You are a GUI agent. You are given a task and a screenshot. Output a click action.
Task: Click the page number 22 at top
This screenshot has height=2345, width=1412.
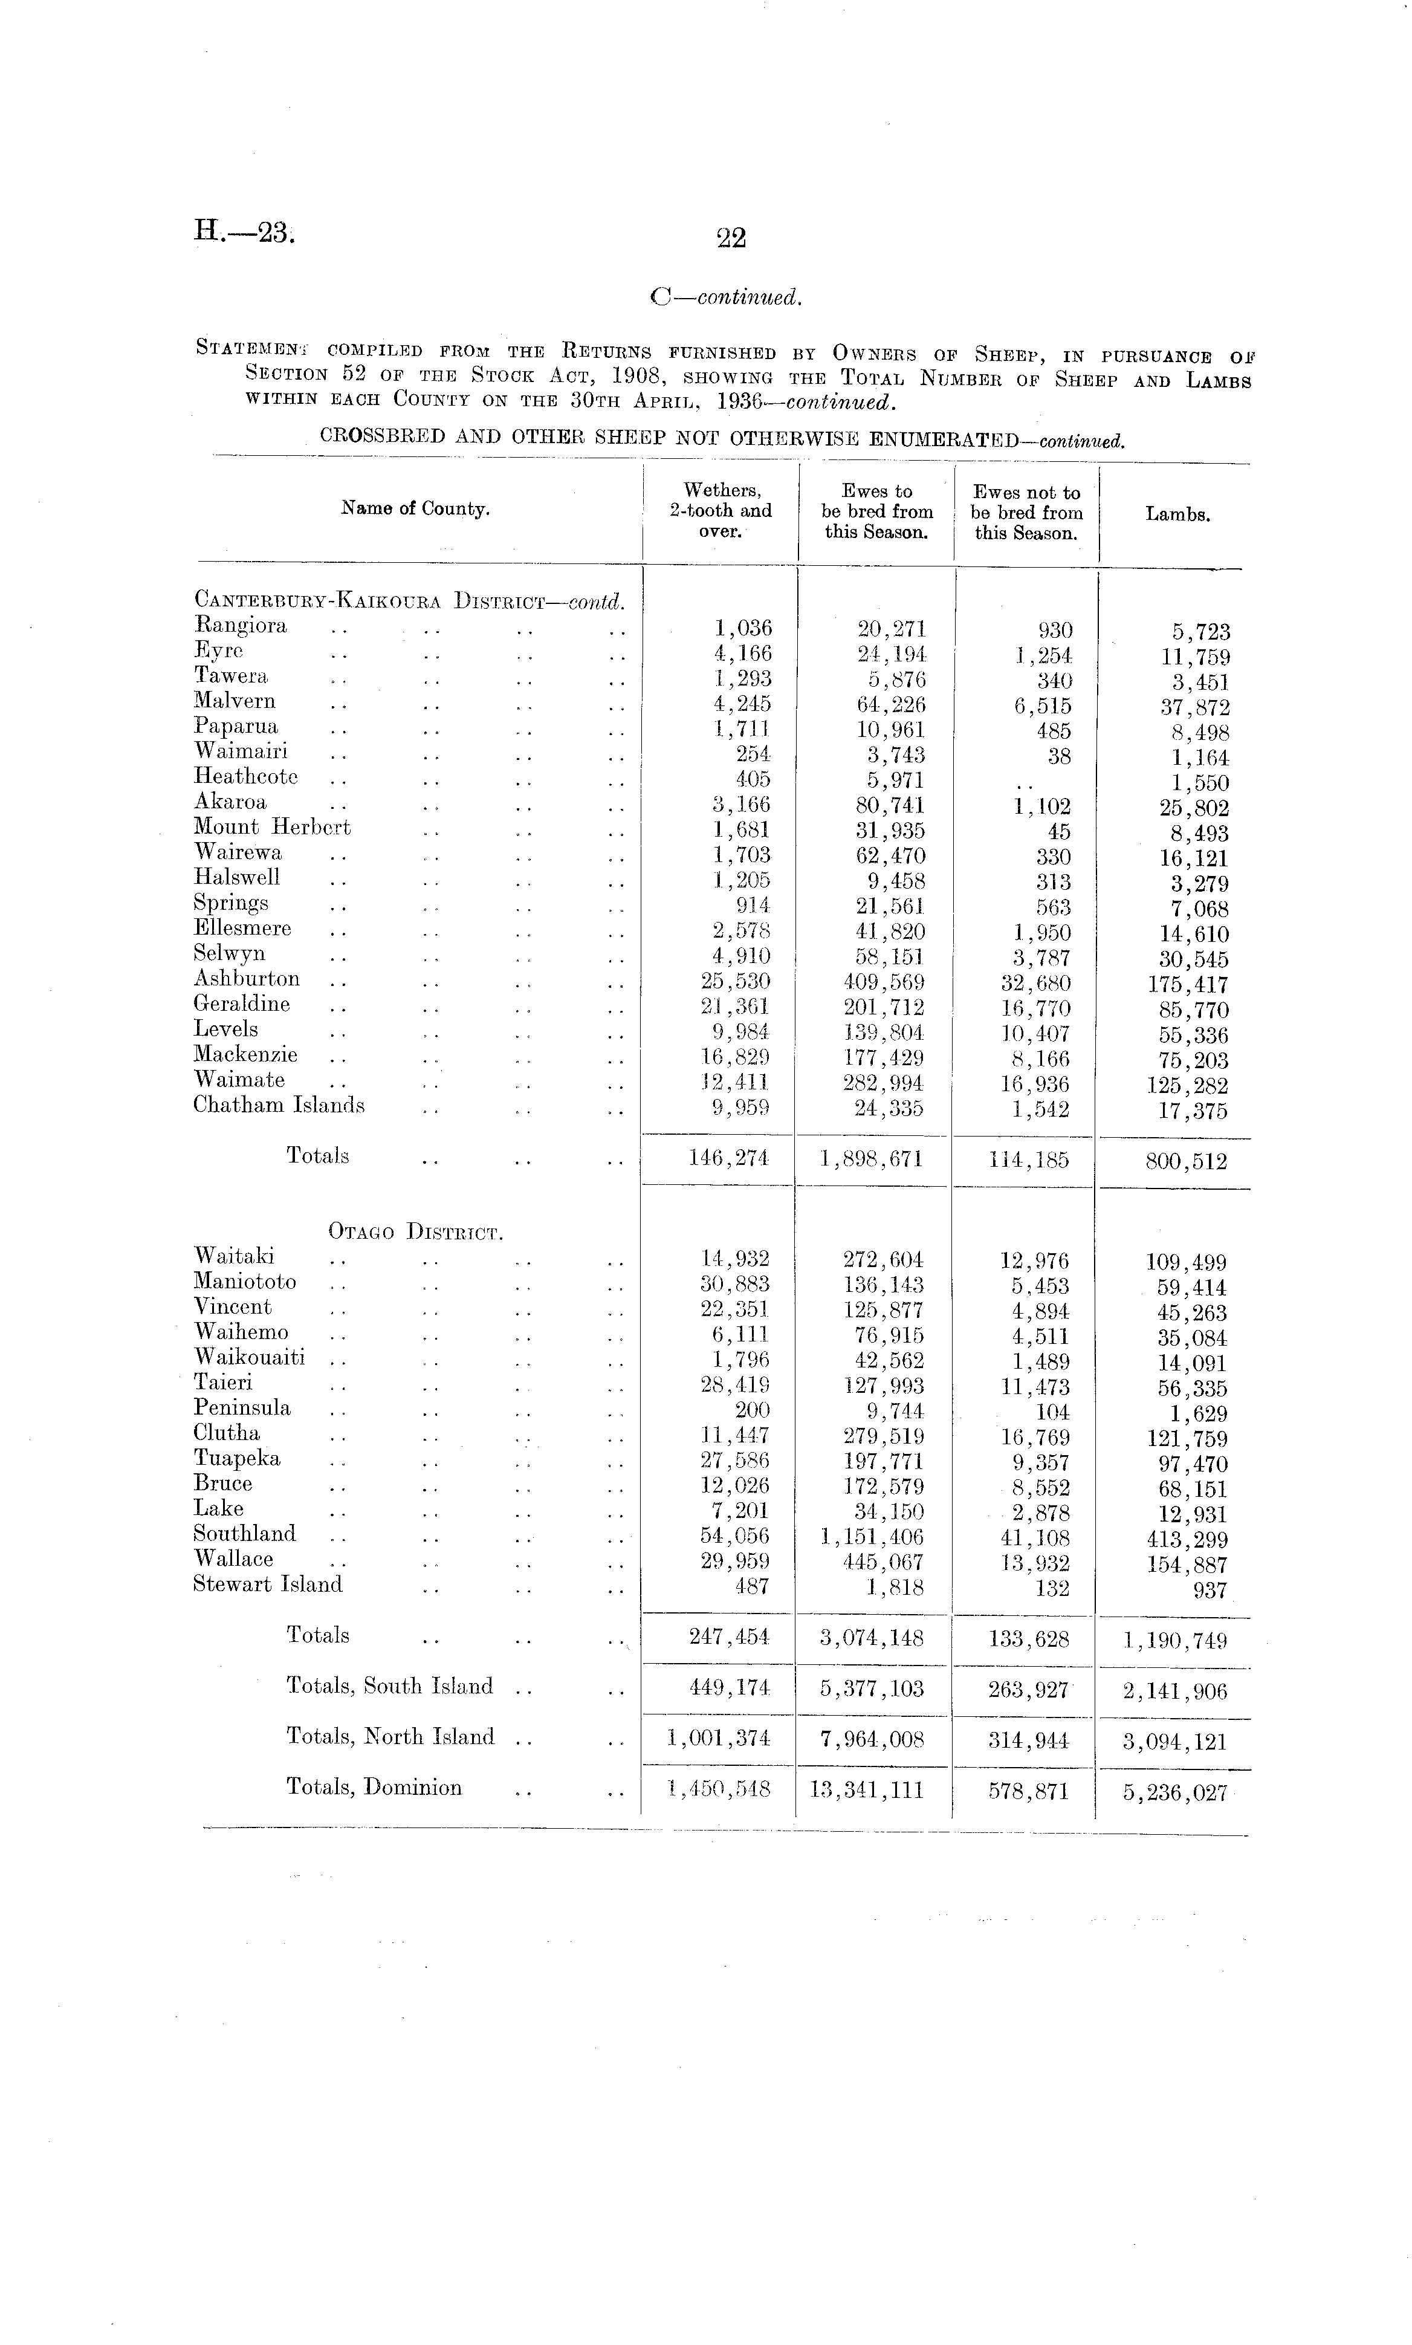coord(731,238)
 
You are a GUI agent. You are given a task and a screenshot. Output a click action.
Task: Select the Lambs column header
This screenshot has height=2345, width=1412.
coord(1177,514)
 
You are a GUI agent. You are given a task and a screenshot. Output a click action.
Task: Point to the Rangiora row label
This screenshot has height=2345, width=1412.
coord(240,626)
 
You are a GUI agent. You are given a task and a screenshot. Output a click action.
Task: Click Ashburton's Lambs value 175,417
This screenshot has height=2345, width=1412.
coord(1188,985)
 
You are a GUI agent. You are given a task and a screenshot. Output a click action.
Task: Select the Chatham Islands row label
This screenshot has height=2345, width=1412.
coord(279,1106)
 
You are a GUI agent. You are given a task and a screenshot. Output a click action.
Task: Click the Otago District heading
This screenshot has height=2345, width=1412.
coord(415,1232)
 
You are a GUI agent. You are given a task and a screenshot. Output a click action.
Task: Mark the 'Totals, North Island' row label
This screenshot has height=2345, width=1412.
coord(390,1737)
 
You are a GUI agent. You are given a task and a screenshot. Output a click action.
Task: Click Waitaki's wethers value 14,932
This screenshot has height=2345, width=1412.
coord(734,1259)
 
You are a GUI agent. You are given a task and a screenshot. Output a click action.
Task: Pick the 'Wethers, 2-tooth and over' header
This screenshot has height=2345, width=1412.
coord(721,511)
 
